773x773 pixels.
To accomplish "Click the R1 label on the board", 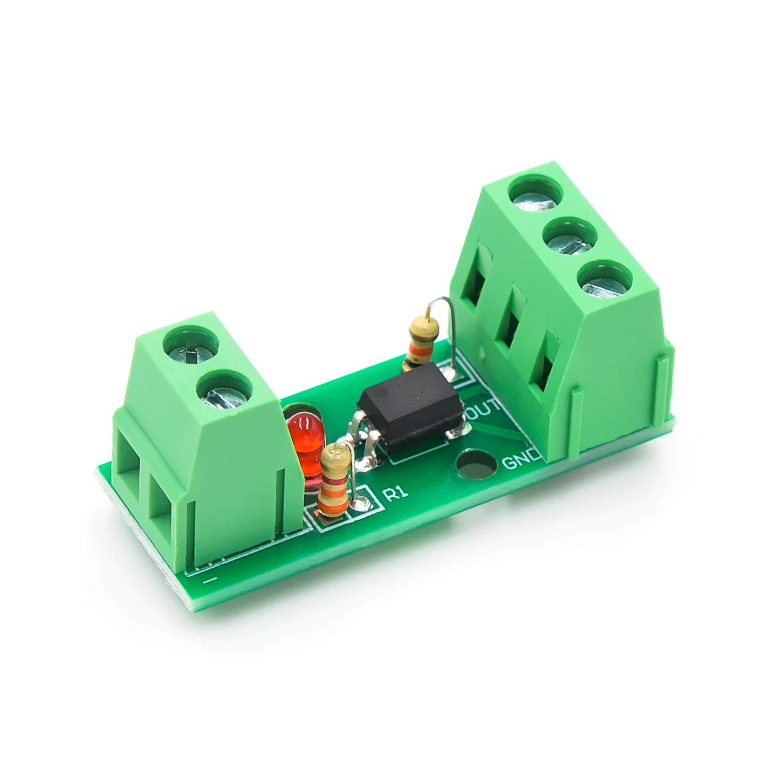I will pos(396,492).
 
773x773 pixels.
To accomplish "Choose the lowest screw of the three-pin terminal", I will pos(604,283).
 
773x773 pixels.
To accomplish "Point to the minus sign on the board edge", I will pos(210,579).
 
